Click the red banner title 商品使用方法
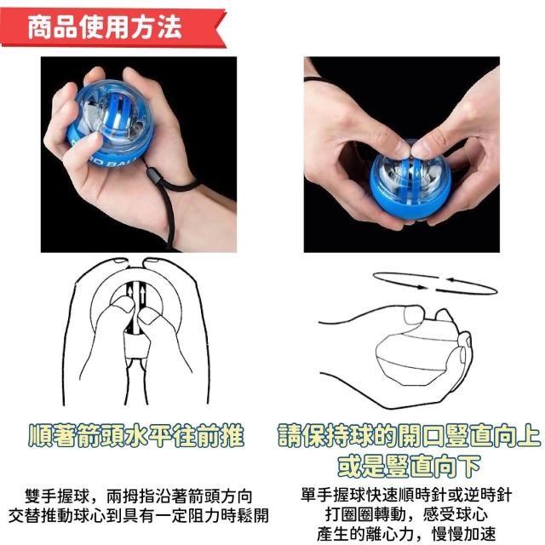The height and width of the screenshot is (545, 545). pos(105,27)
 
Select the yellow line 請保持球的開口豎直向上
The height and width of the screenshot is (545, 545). pos(409,436)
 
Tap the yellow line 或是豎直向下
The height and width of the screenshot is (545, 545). pos(409,466)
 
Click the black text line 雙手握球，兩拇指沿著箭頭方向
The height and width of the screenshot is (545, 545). pos(138,496)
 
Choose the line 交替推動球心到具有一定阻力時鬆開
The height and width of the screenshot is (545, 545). pos(138,516)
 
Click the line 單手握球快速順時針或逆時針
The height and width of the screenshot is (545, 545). pos(406,495)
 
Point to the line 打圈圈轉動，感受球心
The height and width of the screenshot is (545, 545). pos(406,514)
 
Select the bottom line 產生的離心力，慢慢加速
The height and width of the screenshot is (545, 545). pos(406,534)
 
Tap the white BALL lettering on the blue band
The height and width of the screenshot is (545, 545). pos(113,162)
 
